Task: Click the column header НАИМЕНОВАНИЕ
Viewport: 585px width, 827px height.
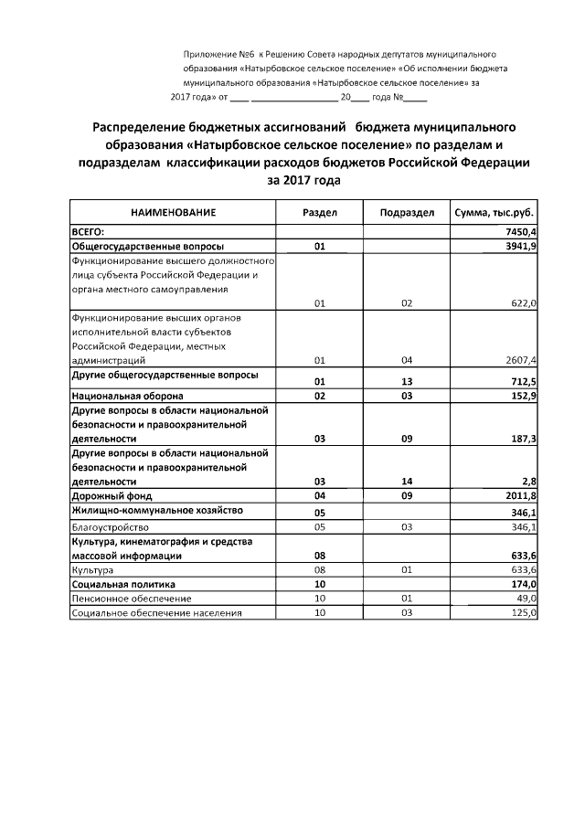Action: click(173, 212)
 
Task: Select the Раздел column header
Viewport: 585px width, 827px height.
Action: click(320, 212)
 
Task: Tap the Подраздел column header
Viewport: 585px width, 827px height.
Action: click(407, 212)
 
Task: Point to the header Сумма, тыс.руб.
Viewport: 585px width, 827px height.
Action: click(494, 212)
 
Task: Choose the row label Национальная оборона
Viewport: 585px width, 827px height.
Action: click(127, 396)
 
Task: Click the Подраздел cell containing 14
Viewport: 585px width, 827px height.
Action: click(407, 481)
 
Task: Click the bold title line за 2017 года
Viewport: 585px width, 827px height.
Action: click(303, 180)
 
